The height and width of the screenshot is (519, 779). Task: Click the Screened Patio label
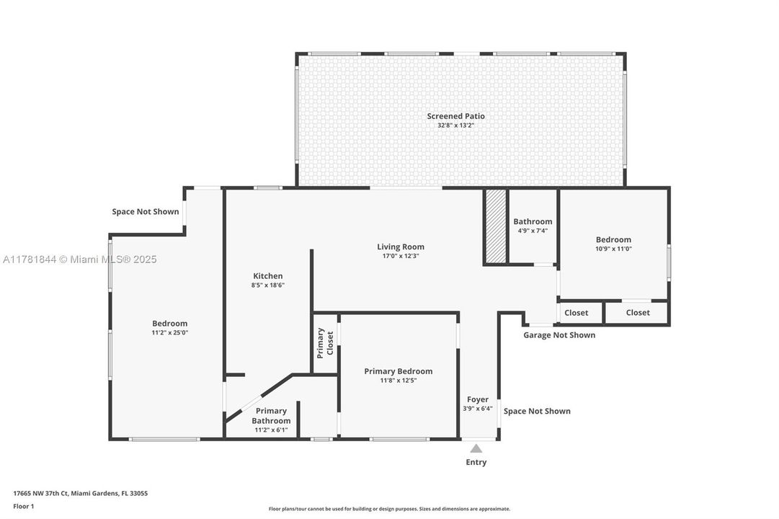(455, 116)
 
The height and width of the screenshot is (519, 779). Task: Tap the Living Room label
(400, 247)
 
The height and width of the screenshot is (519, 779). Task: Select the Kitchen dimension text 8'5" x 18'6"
(267, 285)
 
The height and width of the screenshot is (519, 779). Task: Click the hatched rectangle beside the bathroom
(495, 226)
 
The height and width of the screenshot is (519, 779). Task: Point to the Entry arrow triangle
(476, 448)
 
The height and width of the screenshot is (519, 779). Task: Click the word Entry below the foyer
(476, 462)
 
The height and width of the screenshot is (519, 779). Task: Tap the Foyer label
(477, 399)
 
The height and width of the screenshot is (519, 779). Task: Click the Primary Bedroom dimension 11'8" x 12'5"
(398, 381)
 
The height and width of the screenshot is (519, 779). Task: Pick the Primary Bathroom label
(271, 416)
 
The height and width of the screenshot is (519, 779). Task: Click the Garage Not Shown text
(558, 335)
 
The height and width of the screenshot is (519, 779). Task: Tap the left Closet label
(576, 313)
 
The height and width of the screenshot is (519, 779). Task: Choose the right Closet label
(637, 313)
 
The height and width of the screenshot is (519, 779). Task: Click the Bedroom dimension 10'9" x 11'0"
(613, 249)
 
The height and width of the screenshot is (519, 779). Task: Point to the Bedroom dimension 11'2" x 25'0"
(169, 333)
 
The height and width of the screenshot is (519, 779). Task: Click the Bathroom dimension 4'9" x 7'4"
(533, 231)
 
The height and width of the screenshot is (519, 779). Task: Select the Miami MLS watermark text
(79, 259)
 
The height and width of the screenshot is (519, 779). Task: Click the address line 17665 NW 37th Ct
(80, 494)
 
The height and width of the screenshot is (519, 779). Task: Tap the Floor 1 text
(23, 506)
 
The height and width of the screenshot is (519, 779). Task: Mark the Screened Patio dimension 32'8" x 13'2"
(455, 125)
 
